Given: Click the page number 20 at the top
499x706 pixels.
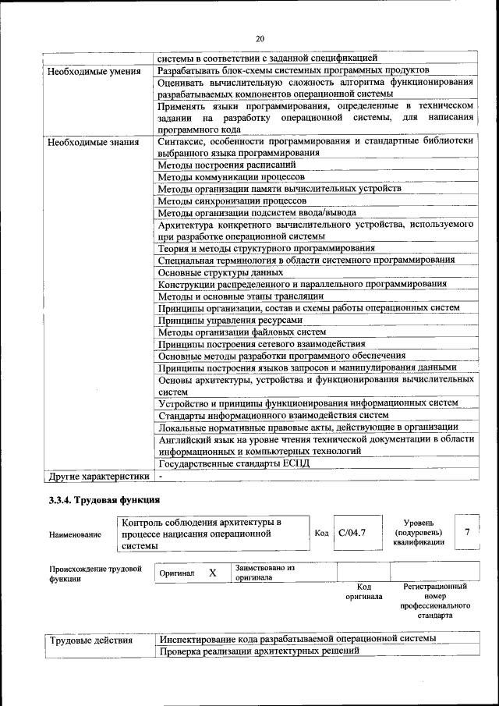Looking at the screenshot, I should (x=260, y=38).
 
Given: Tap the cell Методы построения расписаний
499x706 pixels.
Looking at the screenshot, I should (x=227, y=165).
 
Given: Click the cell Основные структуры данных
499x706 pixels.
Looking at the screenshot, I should (x=220, y=272).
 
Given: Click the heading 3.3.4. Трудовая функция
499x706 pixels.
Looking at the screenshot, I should (x=104, y=500).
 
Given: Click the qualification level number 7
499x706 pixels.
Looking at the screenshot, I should (x=466, y=532).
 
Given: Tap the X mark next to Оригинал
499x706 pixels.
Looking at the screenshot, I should (x=212, y=573).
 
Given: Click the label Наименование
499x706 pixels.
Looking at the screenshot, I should (x=75, y=534).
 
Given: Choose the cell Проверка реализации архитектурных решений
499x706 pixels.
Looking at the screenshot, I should (x=258, y=652).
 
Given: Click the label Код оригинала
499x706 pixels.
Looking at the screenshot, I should (x=363, y=591).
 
